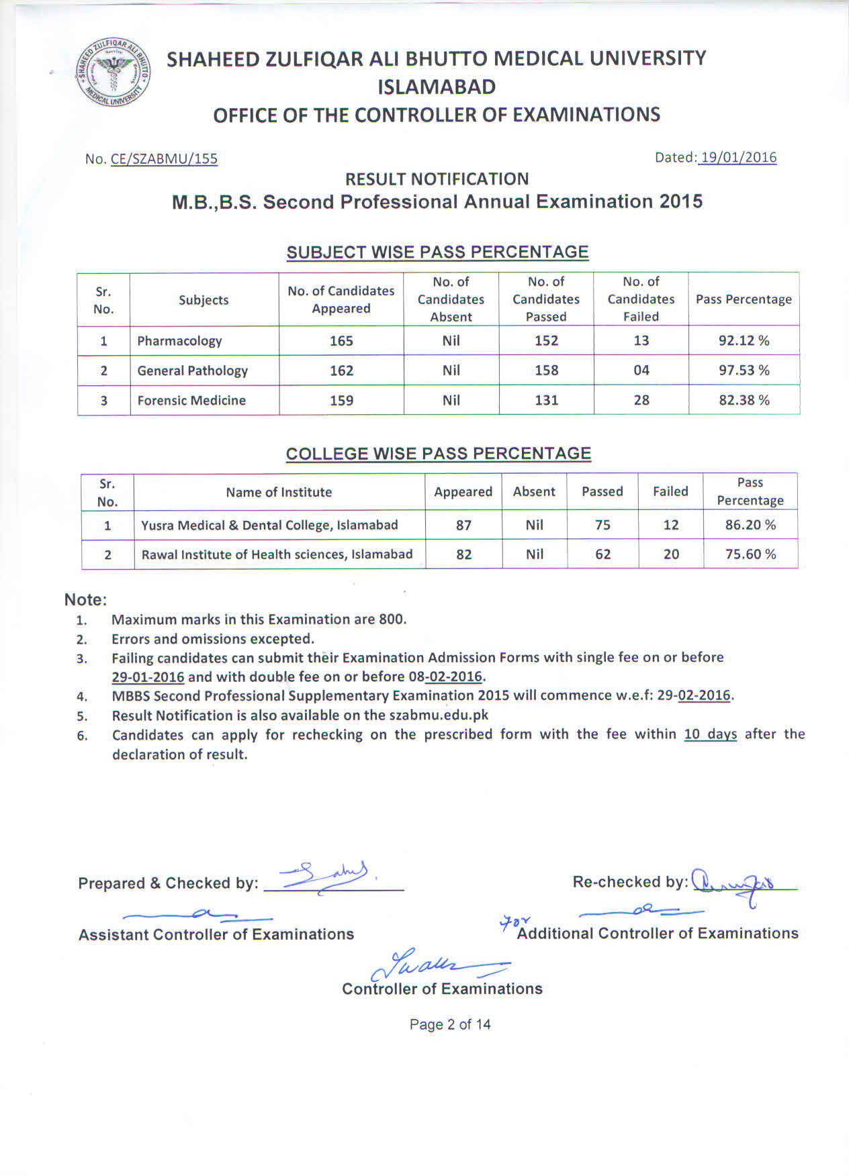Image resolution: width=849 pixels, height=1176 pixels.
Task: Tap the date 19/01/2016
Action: tap(738, 158)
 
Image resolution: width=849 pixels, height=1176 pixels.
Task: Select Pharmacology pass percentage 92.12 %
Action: tap(744, 340)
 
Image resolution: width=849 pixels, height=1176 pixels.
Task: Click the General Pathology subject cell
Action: tap(192, 371)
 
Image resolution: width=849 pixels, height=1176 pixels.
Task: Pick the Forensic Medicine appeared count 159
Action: tap(341, 400)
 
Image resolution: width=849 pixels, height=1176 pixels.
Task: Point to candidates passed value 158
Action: tap(546, 370)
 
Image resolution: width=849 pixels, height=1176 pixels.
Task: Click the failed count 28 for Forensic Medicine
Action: tap(641, 400)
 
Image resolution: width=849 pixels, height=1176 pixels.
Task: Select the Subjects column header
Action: tap(204, 300)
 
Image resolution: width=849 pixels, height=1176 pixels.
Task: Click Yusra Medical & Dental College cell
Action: tap(269, 525)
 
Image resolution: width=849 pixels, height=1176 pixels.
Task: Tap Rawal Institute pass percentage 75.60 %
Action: tap(750, 554)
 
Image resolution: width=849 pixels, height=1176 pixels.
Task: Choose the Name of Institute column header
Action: tap(279, 492)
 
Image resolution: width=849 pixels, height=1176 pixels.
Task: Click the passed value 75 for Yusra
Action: tap(602, 525)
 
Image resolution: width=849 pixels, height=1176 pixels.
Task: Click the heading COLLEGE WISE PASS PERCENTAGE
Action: tap(439, 454)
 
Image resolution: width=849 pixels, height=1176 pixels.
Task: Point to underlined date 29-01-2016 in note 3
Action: tap(148, 677)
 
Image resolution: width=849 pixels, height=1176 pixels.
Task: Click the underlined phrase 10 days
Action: tap(710, 734)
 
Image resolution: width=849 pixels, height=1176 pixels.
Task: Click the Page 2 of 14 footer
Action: tap(450, 1024)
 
